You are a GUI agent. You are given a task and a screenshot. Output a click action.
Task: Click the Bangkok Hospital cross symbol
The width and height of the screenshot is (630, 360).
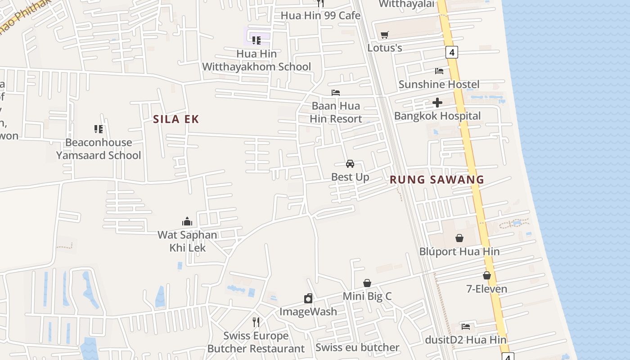pyautogui.click(x=437, y=103)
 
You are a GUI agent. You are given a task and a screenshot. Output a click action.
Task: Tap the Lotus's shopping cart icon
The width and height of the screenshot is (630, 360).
pyautogui.click(x=384, y=35)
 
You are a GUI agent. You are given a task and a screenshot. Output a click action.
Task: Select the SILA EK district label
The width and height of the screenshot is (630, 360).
pyautogui.click(x=176, y=119)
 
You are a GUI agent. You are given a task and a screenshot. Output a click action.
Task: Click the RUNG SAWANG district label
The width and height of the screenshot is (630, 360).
pyautogui.click(x=436, y=180)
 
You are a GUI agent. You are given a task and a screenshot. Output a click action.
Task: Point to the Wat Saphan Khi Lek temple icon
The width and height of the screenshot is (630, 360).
pyautogui.click(x=187, y=221)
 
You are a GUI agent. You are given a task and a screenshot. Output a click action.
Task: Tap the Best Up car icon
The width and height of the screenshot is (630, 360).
pyautogui.click(x=350, y=163)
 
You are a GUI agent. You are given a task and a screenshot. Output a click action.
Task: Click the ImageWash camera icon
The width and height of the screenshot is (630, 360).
pyautogui.click(x=308, y=298)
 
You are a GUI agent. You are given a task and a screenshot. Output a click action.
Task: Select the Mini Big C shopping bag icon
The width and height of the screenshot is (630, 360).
pyautogui.click(x=367, y=283)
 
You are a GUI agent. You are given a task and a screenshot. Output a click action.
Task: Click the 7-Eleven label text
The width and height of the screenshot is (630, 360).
pyautogui.click(x=487, y=289)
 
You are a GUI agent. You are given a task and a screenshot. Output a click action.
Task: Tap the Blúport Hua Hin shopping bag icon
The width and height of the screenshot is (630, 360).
pyautogui.click(x=459, y=238)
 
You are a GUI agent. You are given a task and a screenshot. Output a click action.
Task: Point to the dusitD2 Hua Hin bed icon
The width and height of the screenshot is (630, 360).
pyautogui.click(x=466, y=326)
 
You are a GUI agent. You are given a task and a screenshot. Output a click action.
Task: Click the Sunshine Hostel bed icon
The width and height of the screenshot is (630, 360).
pyautogui.click(x=439, y=71)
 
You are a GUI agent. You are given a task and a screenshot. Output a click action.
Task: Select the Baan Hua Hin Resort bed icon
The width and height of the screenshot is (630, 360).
pyautogui.click(x=336, y=93)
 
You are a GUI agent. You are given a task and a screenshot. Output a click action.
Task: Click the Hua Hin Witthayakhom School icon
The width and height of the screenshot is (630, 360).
pyautogui.click(x=256, y=40)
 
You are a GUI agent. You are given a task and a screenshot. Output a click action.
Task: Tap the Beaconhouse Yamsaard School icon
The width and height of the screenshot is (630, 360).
pyautogui.click(x=99, y=129)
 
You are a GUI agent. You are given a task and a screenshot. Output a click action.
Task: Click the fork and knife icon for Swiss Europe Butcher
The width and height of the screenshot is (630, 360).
pyautogui.click(x=256, y=322)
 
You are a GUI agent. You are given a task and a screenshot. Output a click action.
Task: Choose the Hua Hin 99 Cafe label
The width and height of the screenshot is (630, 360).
pyautogui.click(x=320, y=16)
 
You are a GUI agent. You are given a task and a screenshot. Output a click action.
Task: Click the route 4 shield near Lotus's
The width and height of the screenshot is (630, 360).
pyautogui.click(x=452, y=52)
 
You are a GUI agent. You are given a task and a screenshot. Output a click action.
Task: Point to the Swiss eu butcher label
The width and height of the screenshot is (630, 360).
pyautogui.click(x=357, y=347)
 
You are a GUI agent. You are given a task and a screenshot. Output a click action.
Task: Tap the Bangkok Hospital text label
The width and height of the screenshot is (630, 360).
pyautogui.click(x=437, y=116)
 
